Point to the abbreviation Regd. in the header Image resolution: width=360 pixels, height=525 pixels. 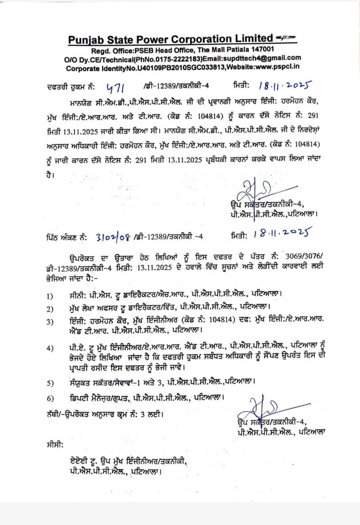click(101, 50)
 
